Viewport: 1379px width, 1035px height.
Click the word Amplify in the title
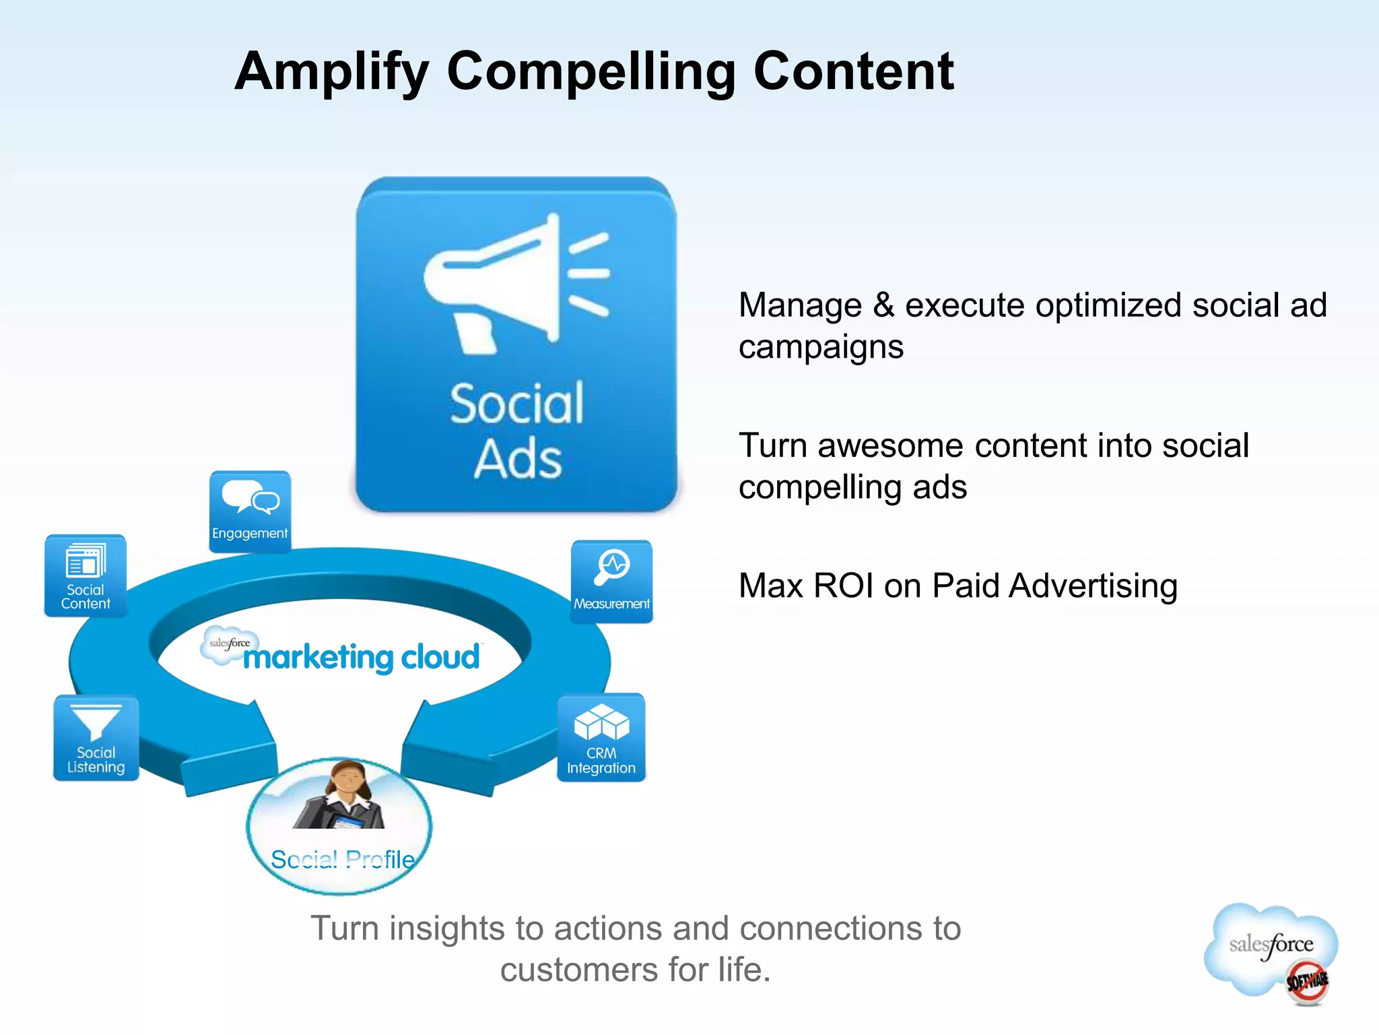331,72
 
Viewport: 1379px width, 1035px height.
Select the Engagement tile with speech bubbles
250,511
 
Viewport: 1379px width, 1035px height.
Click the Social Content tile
86,575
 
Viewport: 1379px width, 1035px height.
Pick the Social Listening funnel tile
96,738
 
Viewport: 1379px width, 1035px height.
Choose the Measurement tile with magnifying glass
611,581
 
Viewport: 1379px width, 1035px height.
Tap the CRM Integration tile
601,737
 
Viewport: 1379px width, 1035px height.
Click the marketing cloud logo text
362,657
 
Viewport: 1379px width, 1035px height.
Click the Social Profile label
343,860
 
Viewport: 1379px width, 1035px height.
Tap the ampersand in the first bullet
883,305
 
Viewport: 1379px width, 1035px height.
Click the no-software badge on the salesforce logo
1307,981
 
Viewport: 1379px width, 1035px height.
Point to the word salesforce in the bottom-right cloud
1271,945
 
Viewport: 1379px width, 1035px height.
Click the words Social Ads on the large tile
517,431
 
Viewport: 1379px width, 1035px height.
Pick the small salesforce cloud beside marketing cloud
228,645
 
